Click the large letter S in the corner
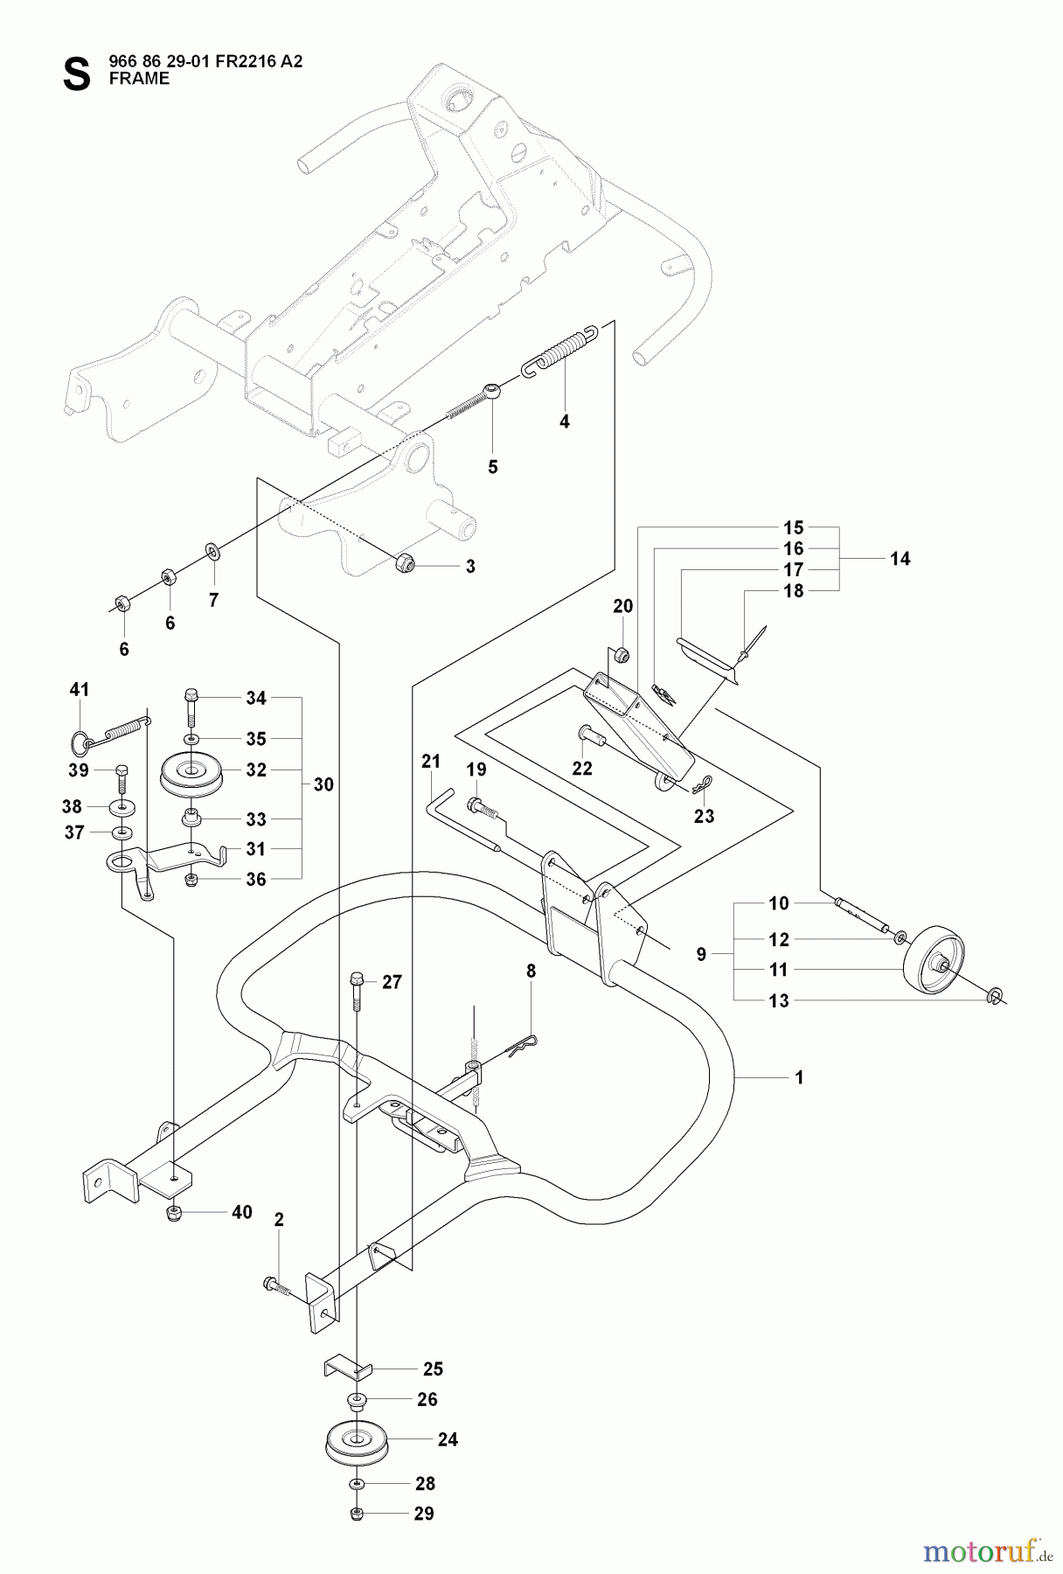(76, 73)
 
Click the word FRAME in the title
(140, 79)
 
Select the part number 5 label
(493, 467)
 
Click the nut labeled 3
(404, 562)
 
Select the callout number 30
(323, 784)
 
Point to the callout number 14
(900, 558)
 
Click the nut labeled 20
(622, 652)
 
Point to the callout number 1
(799, 1078)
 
